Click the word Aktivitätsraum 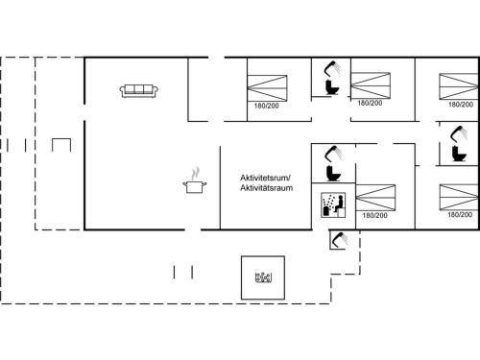point(266,188)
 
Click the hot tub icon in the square point(264,278)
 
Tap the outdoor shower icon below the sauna point(337,239)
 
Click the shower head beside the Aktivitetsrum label point(333,153)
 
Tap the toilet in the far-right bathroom point(458,152)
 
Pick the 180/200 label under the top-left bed point(266,106)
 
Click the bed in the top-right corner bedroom point(459,85)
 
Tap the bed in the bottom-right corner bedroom point(459,196)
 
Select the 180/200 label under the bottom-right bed point(459,215)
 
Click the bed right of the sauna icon point(375,197)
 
